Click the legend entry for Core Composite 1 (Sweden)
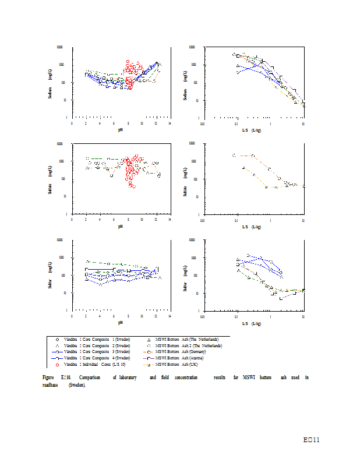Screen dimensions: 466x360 point(97,339)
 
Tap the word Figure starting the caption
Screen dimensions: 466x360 point(49,378)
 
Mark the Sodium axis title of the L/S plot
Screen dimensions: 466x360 point(185,83)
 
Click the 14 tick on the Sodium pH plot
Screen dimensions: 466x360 point(170,123)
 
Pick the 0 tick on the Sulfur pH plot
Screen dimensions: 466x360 point(72,316)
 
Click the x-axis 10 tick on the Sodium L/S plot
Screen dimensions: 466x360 point(303,123)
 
